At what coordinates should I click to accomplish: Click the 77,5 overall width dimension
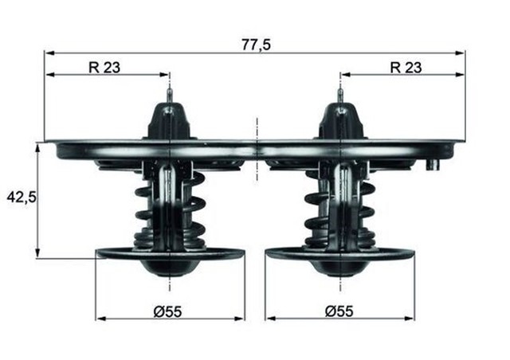click(x=256, y=45)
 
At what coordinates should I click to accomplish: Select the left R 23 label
click(x=104, y=68)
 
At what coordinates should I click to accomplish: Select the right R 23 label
click(x=406, y=68)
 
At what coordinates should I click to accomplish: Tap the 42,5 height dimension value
click(x=22, y=196)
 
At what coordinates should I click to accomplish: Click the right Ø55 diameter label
click(x=340, y=311)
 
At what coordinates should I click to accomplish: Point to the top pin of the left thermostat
click(x=170, y=95)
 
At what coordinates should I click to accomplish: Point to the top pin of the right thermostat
click(x=340, y=95)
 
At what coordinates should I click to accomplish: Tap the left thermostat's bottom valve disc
click(x=170, y=255)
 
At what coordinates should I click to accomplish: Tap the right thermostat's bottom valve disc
click(x=340, y=255)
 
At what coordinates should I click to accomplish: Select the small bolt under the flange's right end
click(x=434, y=166)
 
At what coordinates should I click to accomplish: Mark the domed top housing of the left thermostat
click(x=170, y=121)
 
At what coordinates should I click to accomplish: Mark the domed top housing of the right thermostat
click(x=340, y=121)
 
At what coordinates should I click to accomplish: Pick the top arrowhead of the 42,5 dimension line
click(x=37, y=147)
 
